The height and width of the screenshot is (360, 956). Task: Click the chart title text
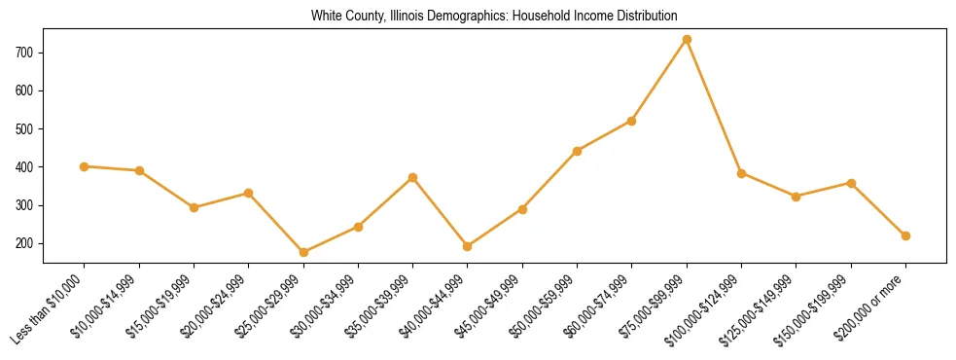(494, 16)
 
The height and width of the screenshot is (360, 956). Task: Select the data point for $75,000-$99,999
(687, 39)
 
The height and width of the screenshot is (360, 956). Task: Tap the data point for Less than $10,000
(85, 166)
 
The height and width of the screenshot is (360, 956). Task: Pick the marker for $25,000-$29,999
(303, 252)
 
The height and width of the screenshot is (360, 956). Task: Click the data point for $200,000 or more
(905, 235)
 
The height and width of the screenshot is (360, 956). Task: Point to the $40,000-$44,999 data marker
(468, 246)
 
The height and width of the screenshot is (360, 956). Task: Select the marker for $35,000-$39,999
(413, 178)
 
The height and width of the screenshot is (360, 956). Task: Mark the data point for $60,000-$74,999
(632, 121)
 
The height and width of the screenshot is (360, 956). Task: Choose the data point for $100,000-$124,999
(741, 173)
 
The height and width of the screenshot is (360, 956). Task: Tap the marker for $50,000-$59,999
(578, 151)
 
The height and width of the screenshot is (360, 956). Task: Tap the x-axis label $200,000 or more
(872, 305)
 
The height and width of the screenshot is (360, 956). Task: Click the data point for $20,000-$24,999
(249, 193)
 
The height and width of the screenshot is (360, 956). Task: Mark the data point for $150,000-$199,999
(851, 183)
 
